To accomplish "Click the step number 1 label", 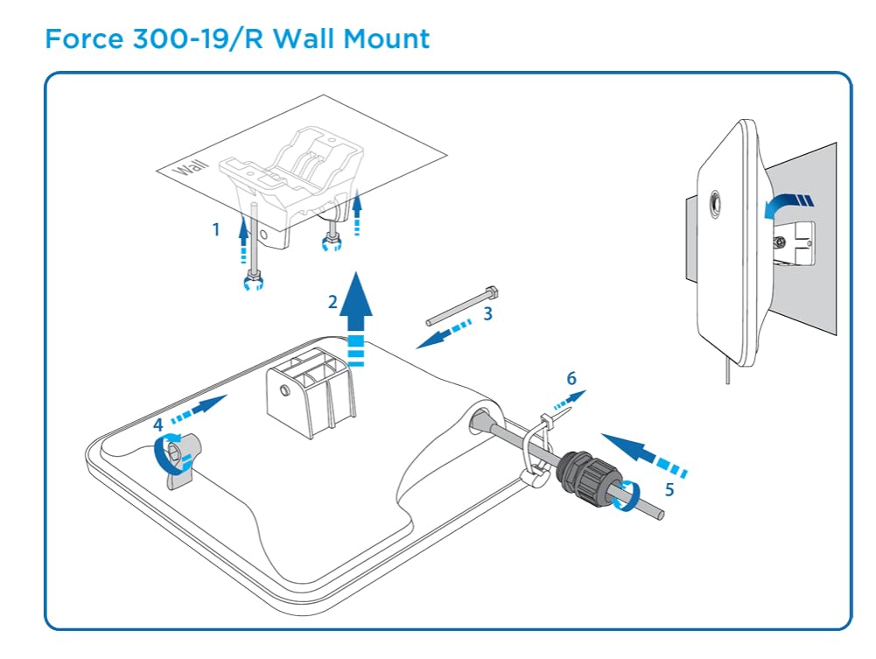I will click(x=215, y=229).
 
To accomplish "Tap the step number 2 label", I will click(x=333, y=302).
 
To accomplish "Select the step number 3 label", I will click(x=488, y=312).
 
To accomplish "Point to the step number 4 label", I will click(x=158, y=424).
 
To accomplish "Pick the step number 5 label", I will click(x=669, y=489).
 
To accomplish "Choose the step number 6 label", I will click(x=571, y=378).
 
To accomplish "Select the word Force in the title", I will click(x=81, y=39).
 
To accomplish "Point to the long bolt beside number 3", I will click(x=462, y=304).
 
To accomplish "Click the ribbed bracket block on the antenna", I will click(x=312, y=391).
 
